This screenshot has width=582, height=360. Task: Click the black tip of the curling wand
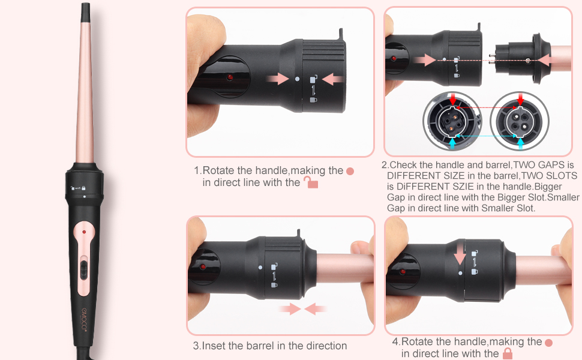tap(86, 11)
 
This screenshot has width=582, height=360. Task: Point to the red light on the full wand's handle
tap(84, 231)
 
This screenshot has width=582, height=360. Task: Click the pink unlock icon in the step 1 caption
tap(310, 182)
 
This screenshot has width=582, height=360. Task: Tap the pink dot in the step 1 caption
tap(350, 171)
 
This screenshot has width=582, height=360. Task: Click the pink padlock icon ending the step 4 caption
tap(508, 353)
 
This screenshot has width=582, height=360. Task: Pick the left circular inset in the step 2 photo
tap(451, 121)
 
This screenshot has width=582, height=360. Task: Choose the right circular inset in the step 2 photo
tap(520, 121)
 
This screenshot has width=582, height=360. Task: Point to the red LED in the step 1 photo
tap(229, 78)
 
